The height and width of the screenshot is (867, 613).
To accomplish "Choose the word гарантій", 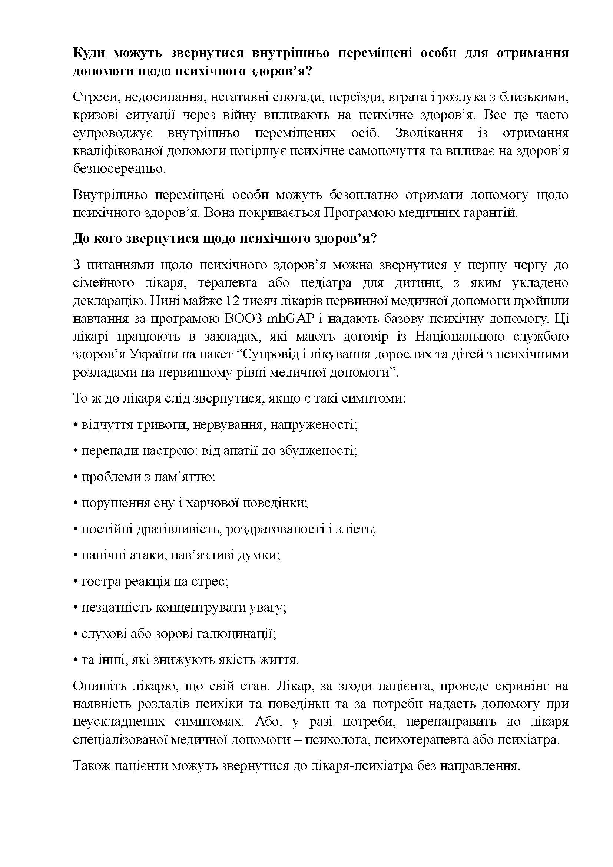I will tap(492, 213).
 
